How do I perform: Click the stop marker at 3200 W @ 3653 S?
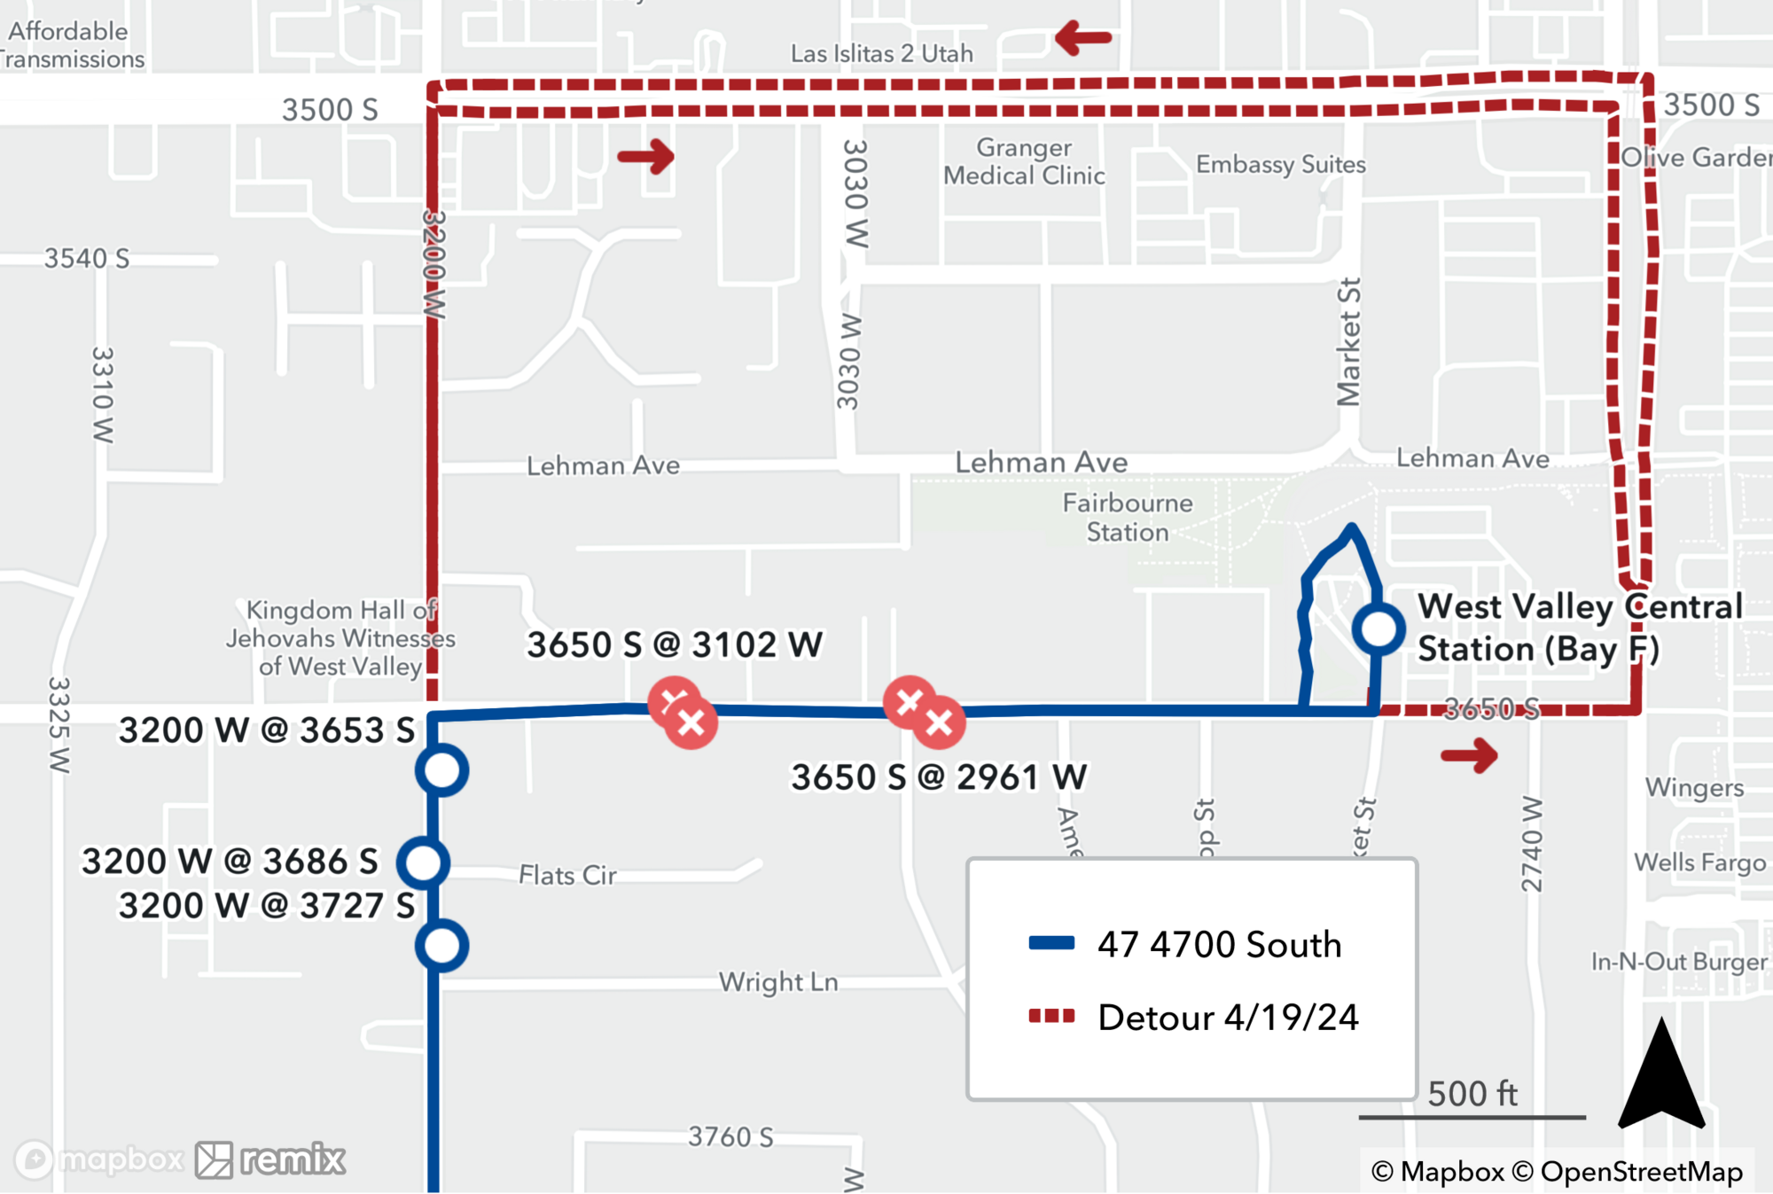(441, 770)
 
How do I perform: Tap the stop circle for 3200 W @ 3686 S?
(423, 862)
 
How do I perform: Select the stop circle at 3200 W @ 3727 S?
(441, 946)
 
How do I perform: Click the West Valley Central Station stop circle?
(1378, 628)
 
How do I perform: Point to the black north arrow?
(1661, 1077)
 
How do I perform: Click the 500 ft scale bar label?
(1472, 1094)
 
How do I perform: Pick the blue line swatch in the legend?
(1051, 943)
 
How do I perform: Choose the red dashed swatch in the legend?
(1051, 1016)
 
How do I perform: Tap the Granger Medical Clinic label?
(1024, 161)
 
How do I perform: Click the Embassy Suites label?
(1280, 164)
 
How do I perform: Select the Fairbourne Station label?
(1128, 518)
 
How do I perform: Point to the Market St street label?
(1348, 341)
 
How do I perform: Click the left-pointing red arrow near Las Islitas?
(1083, 38)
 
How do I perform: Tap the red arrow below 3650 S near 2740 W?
(1469, 755)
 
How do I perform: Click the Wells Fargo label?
(1699, 862)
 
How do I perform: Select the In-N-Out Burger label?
(1678, 962)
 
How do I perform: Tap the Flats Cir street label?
(567, 875)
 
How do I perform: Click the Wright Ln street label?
(778, 982)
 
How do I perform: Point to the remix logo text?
(293, 1159)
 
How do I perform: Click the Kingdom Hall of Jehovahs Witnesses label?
(340, 638)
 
